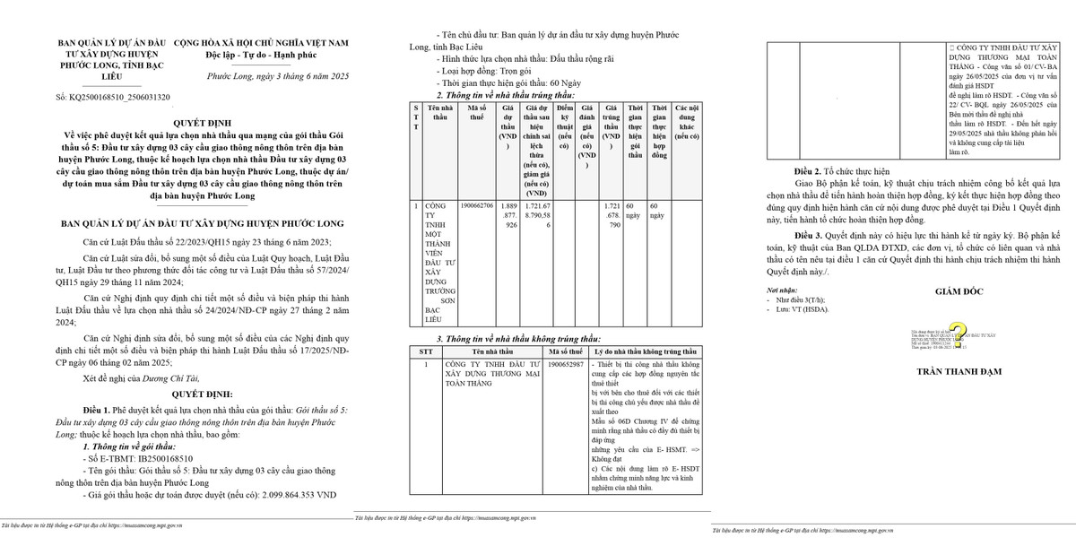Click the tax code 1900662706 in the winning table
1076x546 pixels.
476,205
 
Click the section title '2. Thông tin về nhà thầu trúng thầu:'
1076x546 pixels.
506,95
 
